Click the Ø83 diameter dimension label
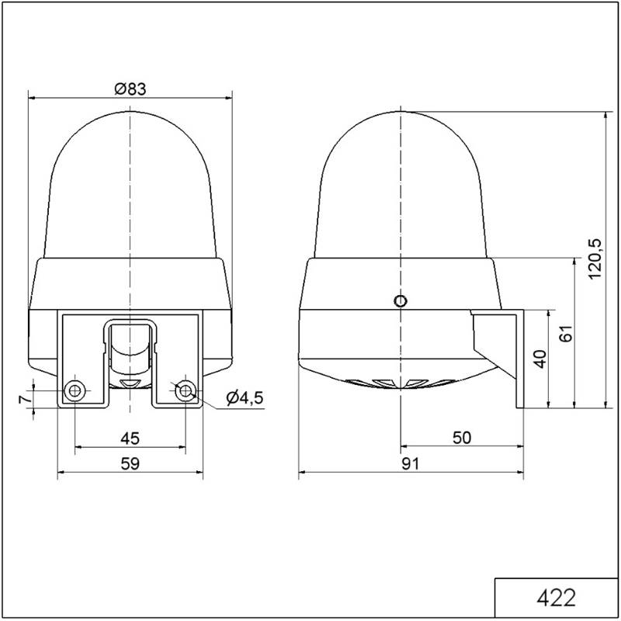click(130, 88)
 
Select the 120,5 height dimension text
click(595, 259)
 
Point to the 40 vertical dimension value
click(540, 359)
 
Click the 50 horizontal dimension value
click(462, 438)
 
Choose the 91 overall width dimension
click(411, 463)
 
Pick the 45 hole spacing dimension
click(130, 439)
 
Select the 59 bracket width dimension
click(130, 463)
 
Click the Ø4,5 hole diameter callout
click(245, 397)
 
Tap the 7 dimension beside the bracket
click(26, 399)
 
